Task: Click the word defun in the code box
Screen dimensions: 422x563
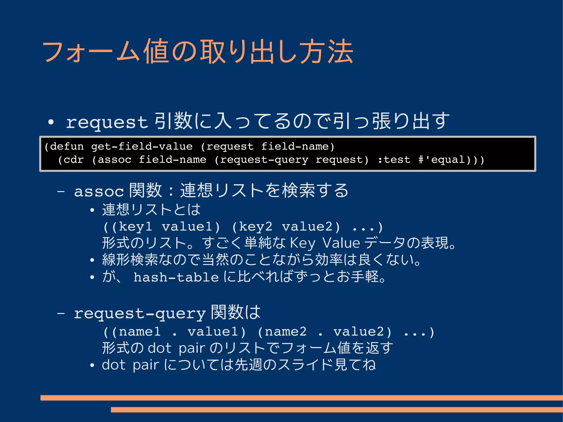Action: click(67, 147)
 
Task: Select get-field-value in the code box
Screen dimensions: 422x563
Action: click(142, 147)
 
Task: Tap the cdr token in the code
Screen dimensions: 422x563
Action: click(74, 160)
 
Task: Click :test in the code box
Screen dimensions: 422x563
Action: click(394, 160)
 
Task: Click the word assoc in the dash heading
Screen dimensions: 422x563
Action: click(99, 191)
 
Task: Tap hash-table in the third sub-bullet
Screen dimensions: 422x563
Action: click(176, 277)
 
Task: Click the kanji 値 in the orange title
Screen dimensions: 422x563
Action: click(157, 52)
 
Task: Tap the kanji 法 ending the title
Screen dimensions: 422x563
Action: click(340, 52)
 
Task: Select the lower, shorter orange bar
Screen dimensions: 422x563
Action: click(337, 410)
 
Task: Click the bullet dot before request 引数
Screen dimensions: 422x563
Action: click(51, 122)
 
